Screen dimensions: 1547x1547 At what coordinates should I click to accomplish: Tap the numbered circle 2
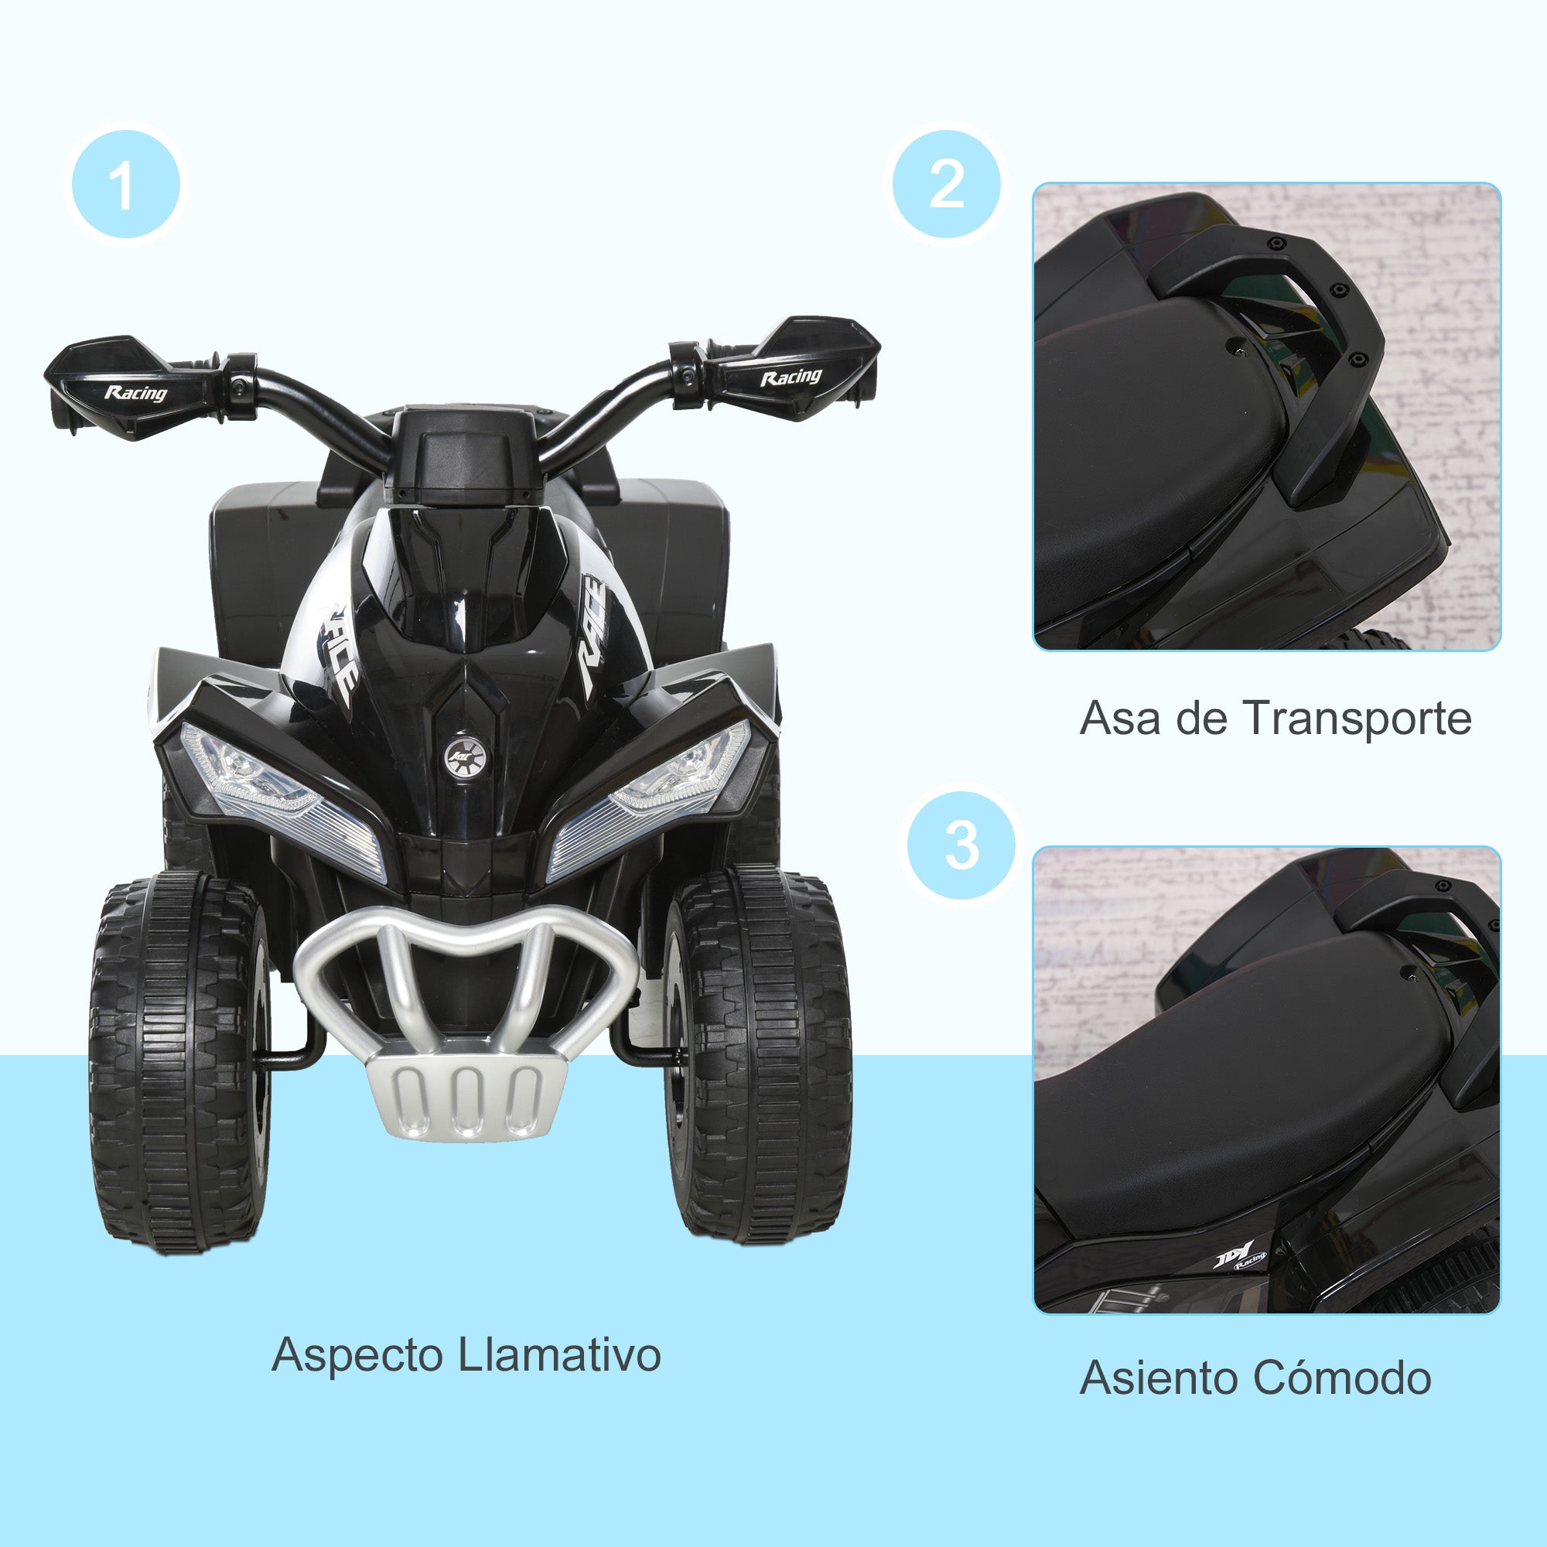(x=947, y=185)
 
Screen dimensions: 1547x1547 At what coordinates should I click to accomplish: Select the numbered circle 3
(x=961, y=845)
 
